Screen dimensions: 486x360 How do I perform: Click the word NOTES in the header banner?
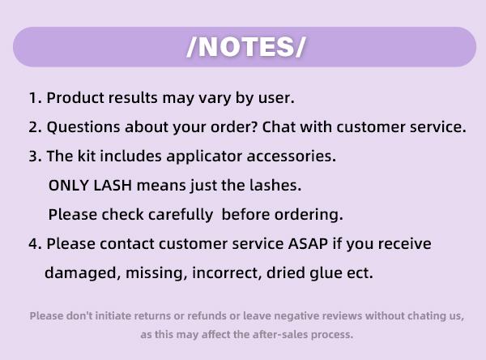(246, 47)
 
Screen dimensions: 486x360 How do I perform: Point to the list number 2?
(35, 127)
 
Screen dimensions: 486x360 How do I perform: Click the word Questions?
(83, 127)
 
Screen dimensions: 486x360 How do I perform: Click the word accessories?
(291, 156)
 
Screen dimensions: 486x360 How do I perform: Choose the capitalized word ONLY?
(69, 186)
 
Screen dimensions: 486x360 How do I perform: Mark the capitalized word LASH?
(113, 186)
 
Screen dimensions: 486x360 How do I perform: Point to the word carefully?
(181, 215)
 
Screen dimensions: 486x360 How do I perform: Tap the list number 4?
(35, 244)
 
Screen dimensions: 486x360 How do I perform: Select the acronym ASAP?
(308, 243)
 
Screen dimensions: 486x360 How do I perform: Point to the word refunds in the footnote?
(207, 316)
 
